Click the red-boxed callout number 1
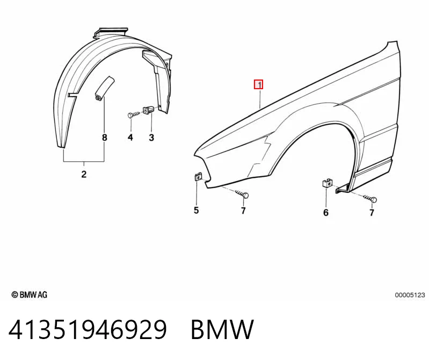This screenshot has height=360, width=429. click(x=259, y=84)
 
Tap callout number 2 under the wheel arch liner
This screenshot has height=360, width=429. click(x=84, y=174)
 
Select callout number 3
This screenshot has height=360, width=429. click(x=151, y=138)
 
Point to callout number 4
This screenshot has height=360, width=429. click(x=130, y=138)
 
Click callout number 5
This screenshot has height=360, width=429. click(x=196, y=210)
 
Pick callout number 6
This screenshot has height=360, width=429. click(x=326, y=212)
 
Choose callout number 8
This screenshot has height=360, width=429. click(x=105, y=138)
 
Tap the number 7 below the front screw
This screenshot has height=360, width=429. click(x=243, y=210)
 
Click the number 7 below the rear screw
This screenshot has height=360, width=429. click(x=372, y=212)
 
